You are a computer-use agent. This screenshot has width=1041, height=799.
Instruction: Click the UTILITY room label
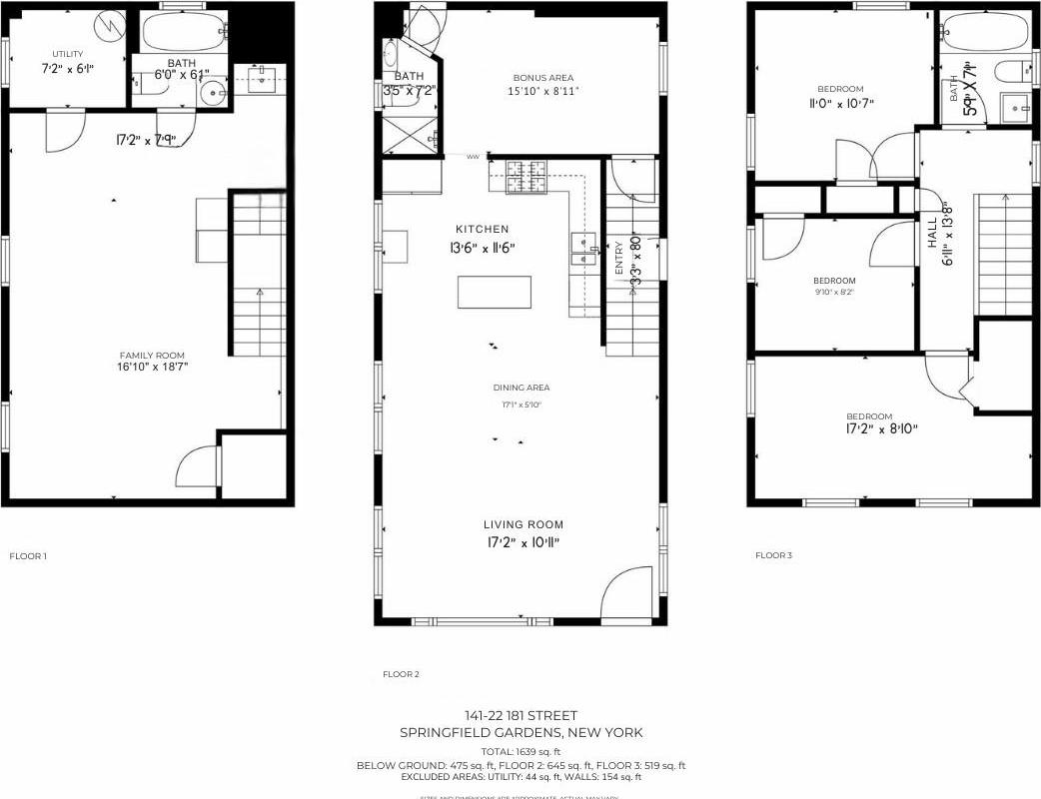tap(68, 54)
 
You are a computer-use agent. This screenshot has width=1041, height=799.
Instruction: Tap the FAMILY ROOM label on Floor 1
tap(153, 356)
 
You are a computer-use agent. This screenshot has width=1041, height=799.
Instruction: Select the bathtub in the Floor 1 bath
tap(184, 33)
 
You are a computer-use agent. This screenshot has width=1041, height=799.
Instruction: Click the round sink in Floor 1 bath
tap(213, 94)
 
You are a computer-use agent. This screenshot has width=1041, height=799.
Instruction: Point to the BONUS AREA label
tap(543, 78)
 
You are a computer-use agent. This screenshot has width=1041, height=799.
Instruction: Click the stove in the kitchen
tap(526, 177)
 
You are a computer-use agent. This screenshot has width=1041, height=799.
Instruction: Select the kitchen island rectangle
tap(495, 292)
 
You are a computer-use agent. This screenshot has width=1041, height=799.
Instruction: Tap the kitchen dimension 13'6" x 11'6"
tap(484, 247)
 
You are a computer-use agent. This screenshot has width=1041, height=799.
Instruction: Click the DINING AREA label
tap(520, 388)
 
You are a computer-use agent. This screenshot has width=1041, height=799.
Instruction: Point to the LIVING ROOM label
tap(523, 524)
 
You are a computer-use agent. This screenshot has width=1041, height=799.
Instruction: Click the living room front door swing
tap(627, 593)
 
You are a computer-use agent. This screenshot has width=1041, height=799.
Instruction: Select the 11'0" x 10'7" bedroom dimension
tap(839, 103)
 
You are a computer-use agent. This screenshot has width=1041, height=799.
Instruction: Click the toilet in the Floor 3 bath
tap(1015, 71)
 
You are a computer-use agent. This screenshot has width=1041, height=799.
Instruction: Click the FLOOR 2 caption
tap(401, 674)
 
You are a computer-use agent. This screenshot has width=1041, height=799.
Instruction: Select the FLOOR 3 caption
tap(773, 555)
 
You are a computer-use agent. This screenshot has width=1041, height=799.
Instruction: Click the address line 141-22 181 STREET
tap(520, 715)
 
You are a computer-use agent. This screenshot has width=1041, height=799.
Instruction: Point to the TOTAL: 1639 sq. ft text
tap(520, 751)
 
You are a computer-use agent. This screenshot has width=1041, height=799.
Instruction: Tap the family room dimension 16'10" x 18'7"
tap(153, 368)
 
